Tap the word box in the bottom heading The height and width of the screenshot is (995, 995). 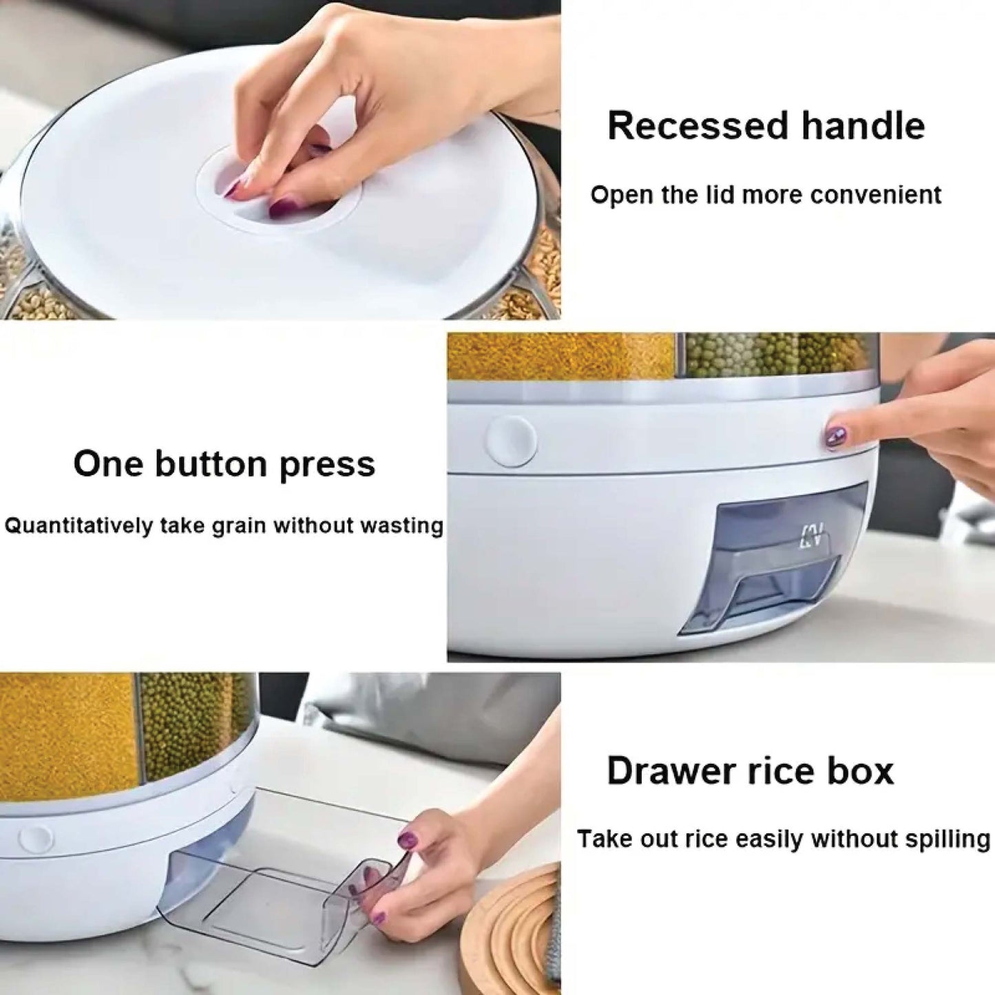coord(860,771)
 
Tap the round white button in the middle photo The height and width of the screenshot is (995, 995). coord(512,441)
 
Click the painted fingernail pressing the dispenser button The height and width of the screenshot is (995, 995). coord(836,436)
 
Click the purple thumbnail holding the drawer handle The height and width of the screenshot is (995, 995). coord(408,839)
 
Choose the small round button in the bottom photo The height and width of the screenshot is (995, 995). coord(36,838)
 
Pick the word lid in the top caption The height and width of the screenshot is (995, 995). coord(721,196)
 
